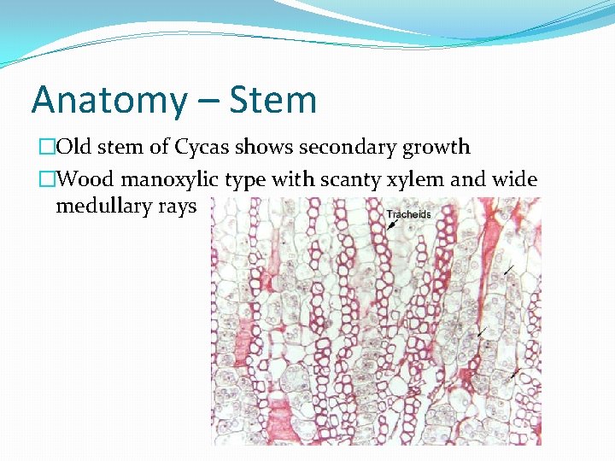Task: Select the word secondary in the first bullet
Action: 342,147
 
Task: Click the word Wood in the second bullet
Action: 86,179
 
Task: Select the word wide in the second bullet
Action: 512,179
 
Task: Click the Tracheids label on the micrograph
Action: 409,213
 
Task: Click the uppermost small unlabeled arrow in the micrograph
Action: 509,271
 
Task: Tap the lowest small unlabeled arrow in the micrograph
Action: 513,374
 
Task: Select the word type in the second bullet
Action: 242,181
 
